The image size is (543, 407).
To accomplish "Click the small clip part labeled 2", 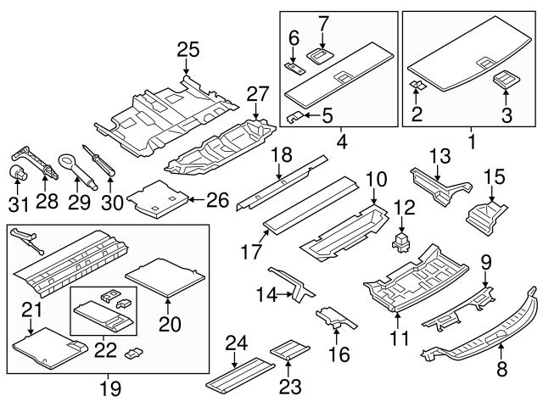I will click(x=418, y=86).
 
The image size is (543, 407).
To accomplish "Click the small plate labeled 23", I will click(x=288, y=348).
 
